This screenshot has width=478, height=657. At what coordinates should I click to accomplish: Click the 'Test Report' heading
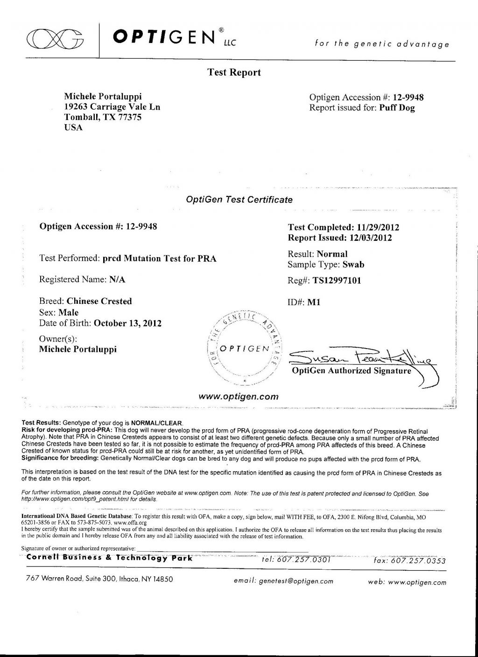tap(234, 73)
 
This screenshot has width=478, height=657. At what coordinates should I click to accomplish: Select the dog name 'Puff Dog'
tap(397, 108)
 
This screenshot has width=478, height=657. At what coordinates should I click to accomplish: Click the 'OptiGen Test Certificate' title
tap(239, 200)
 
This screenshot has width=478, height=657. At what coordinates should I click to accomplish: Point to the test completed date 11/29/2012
tap(378, 228)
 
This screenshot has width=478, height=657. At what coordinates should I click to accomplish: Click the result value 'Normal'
tap(332, 254)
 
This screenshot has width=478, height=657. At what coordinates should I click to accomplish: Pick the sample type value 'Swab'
tap(353, 265)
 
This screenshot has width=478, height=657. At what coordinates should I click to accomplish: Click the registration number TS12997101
tap(337, 281)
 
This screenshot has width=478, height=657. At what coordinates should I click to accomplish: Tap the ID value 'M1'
tap(313, 302)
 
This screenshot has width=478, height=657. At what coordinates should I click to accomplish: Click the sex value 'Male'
tap(69, 313)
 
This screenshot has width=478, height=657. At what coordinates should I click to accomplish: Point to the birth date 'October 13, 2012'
tap(128, 323)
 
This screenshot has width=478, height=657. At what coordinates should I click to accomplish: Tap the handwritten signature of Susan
tap(359, 359)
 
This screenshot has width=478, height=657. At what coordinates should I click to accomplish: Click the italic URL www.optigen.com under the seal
tap(239, 397)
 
